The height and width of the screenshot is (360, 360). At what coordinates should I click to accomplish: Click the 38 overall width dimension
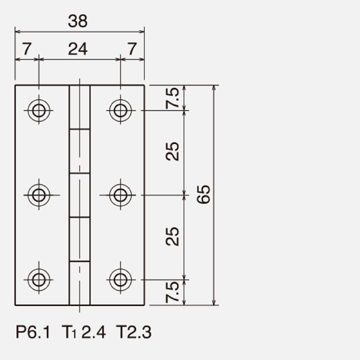[77, 21]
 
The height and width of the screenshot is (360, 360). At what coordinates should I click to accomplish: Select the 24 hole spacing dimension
[78, 49]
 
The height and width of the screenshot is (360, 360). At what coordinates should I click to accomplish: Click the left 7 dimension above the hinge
[27, 49]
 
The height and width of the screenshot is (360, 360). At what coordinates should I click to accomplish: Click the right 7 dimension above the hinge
[132, 49]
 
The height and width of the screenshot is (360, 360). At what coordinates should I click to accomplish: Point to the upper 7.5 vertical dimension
[172, 98]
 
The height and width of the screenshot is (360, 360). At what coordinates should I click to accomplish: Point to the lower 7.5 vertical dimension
[172, 292]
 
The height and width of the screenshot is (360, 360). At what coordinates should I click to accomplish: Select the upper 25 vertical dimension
[172, 151]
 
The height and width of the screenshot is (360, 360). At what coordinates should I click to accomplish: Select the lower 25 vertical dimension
[172, 236]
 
